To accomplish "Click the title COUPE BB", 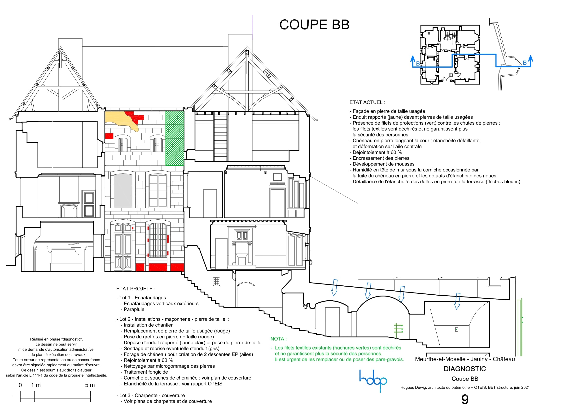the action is [x=314, y=25].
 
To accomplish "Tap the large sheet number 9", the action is [x=465, y=399].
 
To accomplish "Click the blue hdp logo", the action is [x=373, y=380].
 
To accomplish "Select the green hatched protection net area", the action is [x=175, y=138].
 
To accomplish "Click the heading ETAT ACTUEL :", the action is [x=367, y=102].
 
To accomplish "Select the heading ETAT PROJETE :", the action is [x=136, y=289].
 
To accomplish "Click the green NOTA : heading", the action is [x=279, y=339].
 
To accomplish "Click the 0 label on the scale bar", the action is [x=20, y=385].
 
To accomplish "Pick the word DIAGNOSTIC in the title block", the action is [x=465, y=369].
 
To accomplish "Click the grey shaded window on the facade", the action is [x=123, y=191].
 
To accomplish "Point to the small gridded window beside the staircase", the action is [x=216, y=281].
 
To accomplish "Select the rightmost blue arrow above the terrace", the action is [x=457, y=301].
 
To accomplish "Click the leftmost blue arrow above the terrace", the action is [x=334, y=288].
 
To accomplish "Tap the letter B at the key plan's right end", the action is [x=525, y=63].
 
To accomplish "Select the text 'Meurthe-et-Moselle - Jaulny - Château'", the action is [x=465, y=359].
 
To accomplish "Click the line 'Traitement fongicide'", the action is [x=146, y=372].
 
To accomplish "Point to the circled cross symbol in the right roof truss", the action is [x=267, y=73].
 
